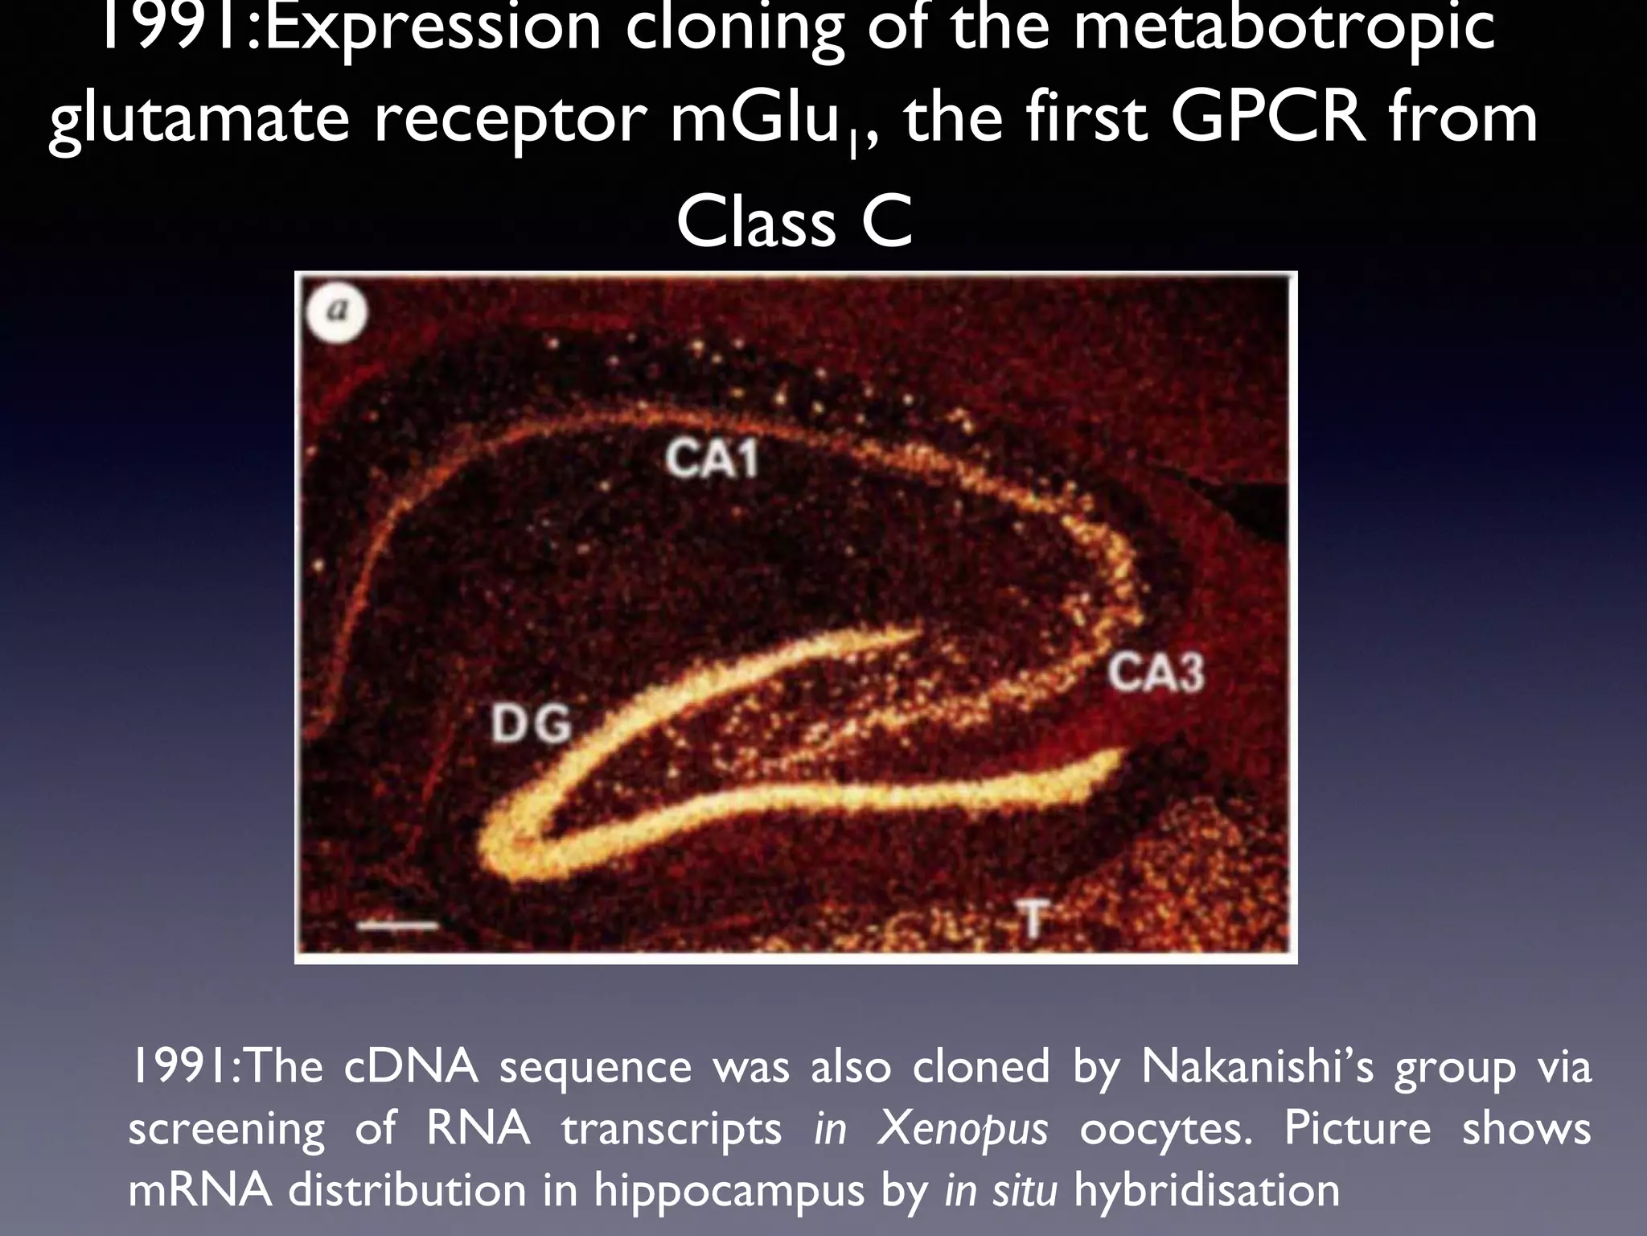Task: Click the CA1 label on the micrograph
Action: click(712, 461)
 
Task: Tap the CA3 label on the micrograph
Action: click(1156, 674)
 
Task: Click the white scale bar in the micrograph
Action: click(397, 925)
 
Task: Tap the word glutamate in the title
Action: click(199, 121)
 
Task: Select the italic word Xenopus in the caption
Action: click(963, 1128)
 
